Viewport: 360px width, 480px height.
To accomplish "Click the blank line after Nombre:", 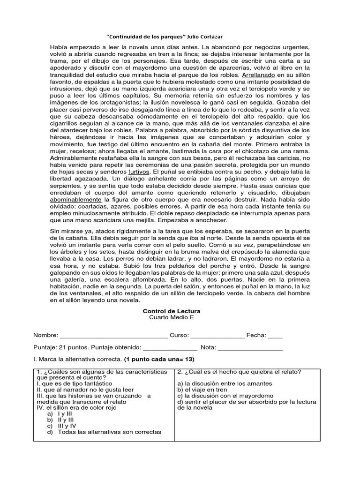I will point(114,336).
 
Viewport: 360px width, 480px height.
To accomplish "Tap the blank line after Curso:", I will point(217,336).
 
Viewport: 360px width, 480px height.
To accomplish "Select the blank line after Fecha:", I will point(275,336).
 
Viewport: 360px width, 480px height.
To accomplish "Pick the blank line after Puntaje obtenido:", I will point(170,347).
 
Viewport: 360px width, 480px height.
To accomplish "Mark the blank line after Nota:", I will point(250,347).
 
